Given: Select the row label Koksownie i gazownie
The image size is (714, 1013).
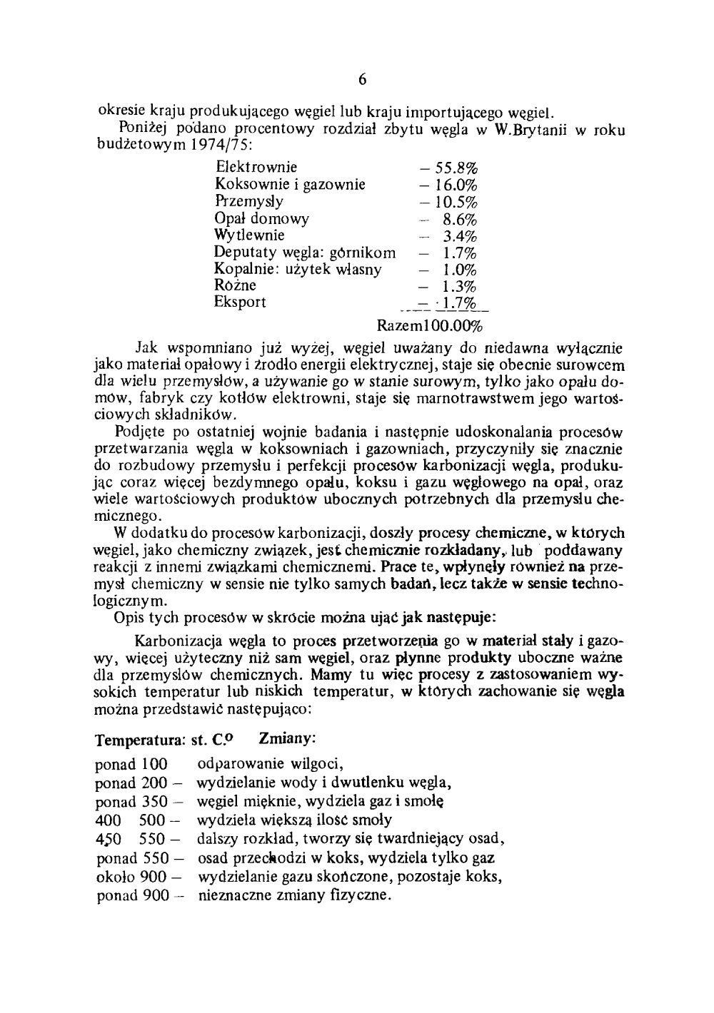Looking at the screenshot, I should (x=290, y=185).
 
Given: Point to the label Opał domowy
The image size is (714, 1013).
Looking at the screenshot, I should (x=261, y=219).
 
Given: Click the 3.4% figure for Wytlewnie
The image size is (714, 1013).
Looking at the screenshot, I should (x=460, y=236).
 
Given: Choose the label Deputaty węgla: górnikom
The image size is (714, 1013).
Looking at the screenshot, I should (x=305, y=253).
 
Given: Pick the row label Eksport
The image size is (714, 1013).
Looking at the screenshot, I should (x=240, y=302).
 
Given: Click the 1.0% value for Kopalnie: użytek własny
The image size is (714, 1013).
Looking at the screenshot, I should (x=460, y=270).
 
